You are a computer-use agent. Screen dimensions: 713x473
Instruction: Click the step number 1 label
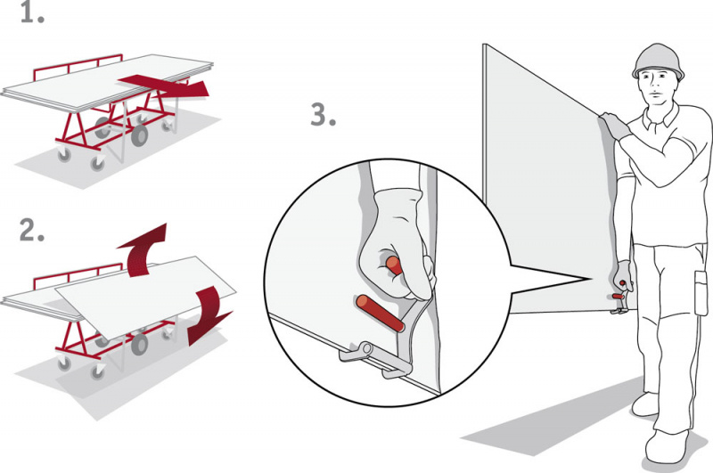pyautogui.click(x=32, y=14)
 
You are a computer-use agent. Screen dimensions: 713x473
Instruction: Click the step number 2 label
pyautogui.click(x=32, y=231)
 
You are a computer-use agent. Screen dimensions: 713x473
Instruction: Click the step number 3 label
pyautogui.click(x=323, y=115)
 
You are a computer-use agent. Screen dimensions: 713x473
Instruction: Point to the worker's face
pyautogui.click(x=655, y=86)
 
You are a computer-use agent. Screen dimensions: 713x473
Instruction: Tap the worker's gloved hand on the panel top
pyautogui.click(x=615, y=125)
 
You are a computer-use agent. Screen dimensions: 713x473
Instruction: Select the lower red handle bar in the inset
pyautogui.click(x=381, y=313)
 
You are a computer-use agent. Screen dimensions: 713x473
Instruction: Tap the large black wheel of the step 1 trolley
pyautogui.click(x=139, y=135)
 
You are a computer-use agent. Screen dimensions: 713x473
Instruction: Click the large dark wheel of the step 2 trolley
pyautogui.click(x=139, y=345)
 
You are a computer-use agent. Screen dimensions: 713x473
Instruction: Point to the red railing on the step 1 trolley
pyautogui.click(x=78, y=65)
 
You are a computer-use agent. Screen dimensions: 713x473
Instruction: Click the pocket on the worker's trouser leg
pyautogui.click(x=701, y=292)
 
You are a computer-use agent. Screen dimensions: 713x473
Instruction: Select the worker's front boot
pyautogui.click(x=667, y=445)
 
